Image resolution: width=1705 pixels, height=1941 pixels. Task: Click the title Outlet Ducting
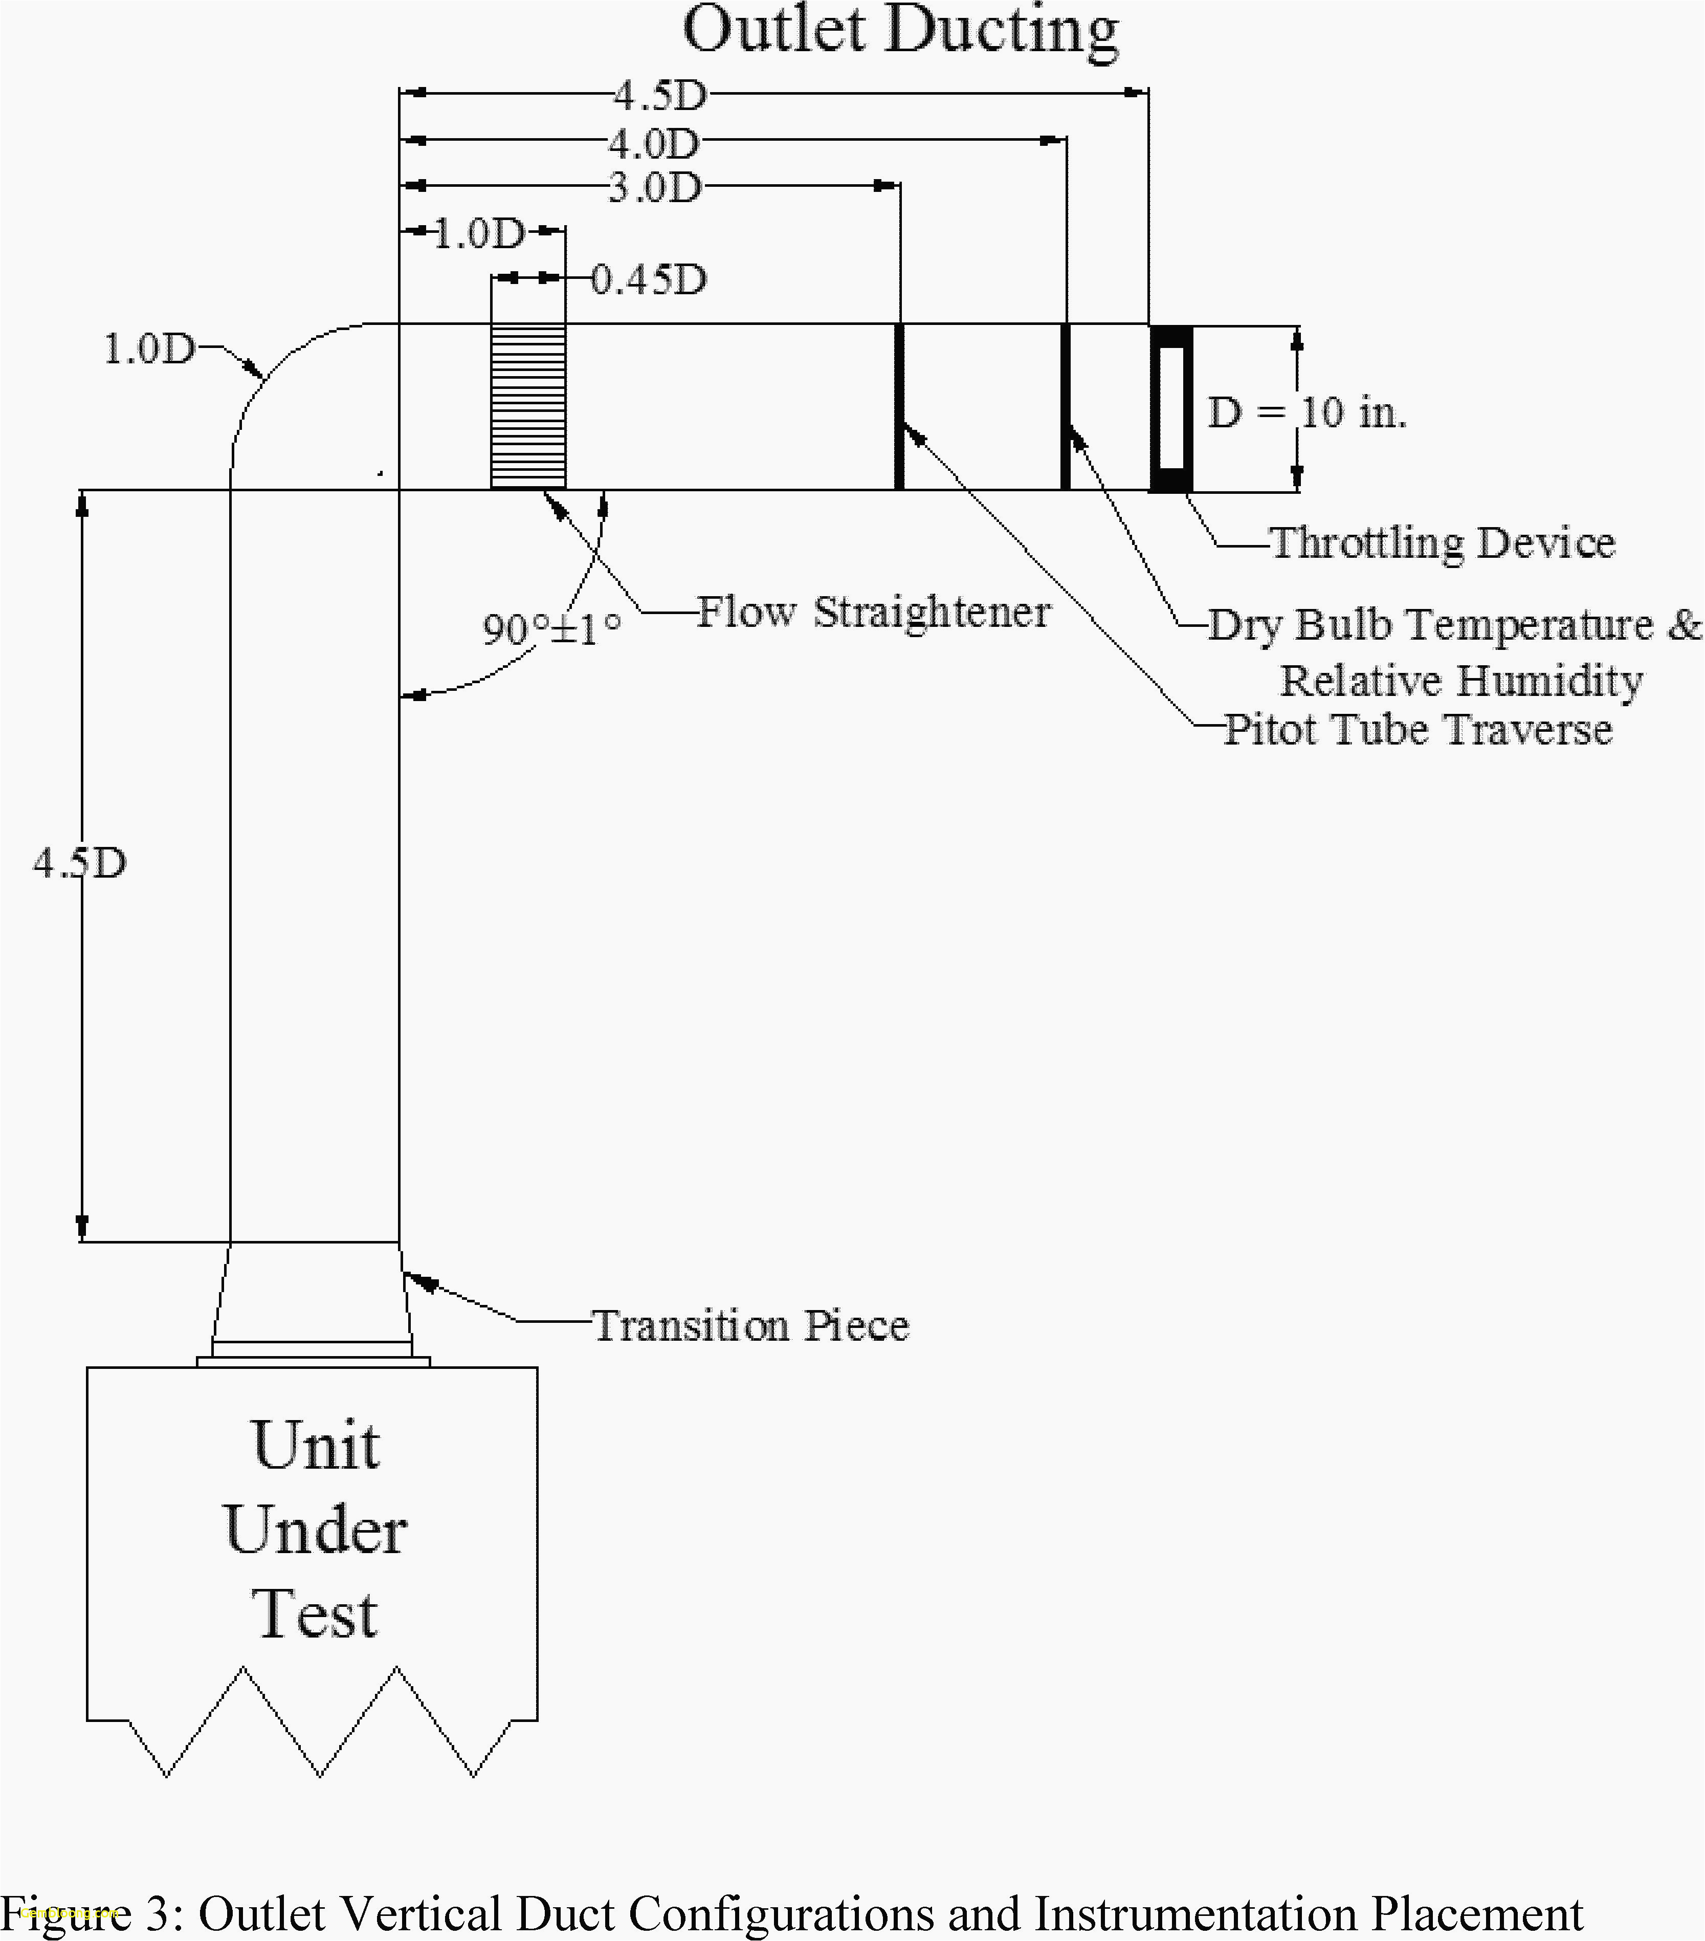point(900,30)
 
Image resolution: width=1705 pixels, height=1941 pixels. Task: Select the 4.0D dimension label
point(654,144)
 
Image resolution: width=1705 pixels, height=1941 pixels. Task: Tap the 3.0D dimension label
point(654,188)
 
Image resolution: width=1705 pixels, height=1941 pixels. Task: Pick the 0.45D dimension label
point(649,279)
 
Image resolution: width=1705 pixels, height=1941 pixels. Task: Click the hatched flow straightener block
point(528,406)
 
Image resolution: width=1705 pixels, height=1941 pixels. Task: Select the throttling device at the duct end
point(1170,408)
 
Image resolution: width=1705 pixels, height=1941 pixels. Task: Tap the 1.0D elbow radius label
point(148,350)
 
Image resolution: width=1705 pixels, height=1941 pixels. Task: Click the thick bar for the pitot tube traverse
point(899,406)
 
